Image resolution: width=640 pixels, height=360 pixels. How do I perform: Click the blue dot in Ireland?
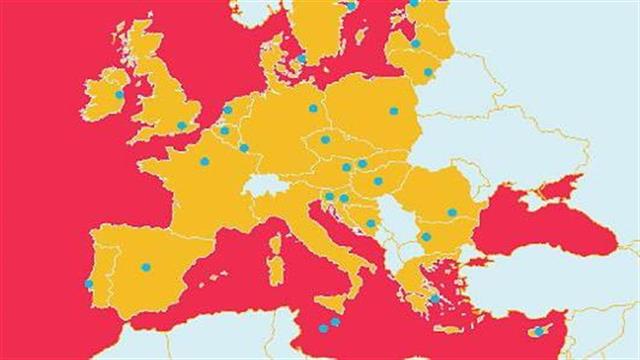[119, 95]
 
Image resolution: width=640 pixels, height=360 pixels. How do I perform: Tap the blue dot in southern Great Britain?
[181, 126]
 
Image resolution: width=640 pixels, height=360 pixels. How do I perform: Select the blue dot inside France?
[204, 161]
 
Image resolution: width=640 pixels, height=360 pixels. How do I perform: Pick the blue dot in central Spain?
[146, 267]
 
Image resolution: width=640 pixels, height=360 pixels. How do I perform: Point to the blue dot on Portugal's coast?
[89, 284]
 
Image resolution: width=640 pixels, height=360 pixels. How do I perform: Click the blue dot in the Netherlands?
[228, 110]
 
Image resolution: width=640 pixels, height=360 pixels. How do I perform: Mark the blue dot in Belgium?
[224, 130]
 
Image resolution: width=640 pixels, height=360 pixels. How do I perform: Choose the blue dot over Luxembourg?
[243, 148]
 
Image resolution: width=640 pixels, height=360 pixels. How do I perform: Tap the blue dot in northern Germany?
[313, 108]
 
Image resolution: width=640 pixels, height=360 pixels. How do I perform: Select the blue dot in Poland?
[393, 111]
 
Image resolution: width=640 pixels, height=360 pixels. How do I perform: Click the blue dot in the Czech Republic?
[325, 140]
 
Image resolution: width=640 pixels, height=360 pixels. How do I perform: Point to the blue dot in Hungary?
[378, 181]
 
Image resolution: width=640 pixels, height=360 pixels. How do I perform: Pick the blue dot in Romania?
[452, 212]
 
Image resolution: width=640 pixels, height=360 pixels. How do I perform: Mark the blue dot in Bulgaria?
[426, 237]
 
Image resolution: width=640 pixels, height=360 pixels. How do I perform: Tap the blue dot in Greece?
[434, 298]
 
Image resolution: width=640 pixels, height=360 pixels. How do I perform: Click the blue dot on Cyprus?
[538, 331]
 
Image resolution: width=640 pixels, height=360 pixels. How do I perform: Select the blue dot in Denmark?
[302, 58]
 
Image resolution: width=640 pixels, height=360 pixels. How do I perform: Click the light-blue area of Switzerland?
[266, 185]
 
